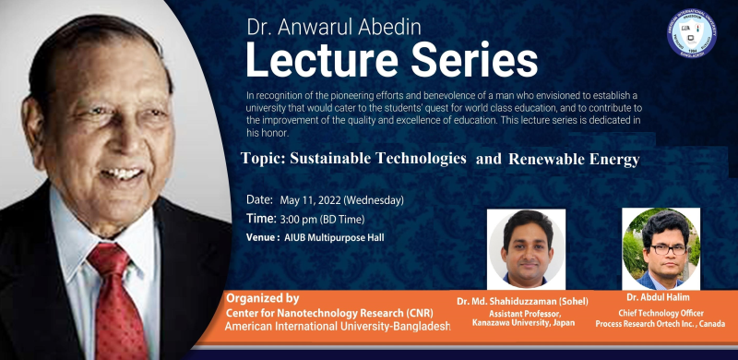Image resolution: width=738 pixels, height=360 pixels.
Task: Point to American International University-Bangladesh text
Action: [338, 328]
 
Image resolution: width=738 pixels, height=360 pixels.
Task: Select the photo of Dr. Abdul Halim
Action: [659, 247]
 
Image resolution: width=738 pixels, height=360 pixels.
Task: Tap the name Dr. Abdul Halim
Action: [659, 296]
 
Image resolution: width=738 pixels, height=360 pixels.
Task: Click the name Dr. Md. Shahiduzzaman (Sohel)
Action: [522, 302]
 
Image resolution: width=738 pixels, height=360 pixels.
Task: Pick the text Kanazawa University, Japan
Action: [522, 324]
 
